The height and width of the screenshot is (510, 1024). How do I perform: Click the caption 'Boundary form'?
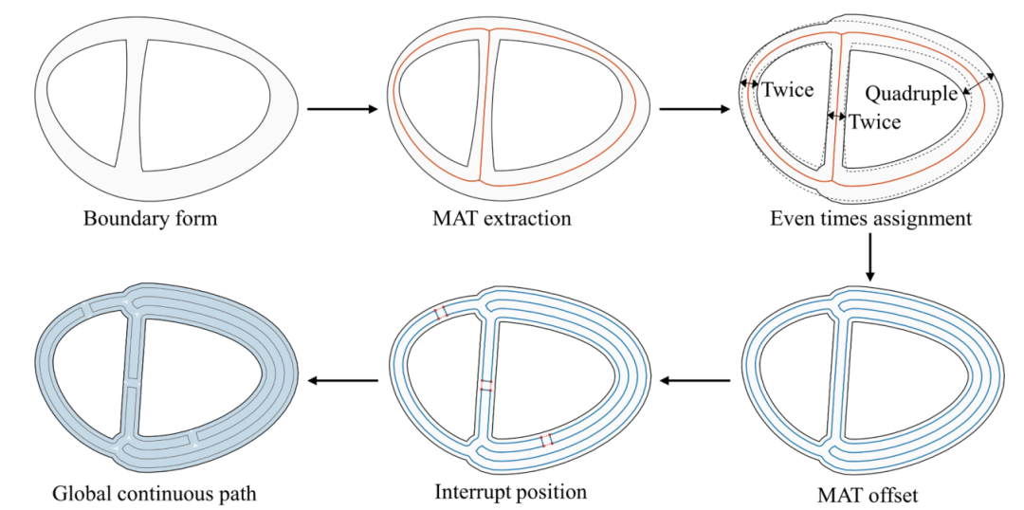click(x=150, y=217)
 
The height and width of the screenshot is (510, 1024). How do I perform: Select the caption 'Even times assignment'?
click(x=870, y=218)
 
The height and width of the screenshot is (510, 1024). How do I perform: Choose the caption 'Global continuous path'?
click(x=153, y=493)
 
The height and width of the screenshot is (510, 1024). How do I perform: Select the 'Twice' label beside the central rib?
click(x=874, y=121)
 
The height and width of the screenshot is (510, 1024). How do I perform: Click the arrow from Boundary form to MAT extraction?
click(x=342, y=109)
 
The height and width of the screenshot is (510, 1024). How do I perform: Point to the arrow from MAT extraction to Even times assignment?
click(x=695, y=109)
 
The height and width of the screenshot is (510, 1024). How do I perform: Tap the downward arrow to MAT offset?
click(x=869, y=259)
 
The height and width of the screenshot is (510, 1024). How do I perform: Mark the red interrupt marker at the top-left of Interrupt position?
click(x=442, y=312)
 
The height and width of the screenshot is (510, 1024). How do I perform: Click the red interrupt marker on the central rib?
click(x=485, y=385)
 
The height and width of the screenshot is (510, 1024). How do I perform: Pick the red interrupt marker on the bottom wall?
click(x=547, y=440)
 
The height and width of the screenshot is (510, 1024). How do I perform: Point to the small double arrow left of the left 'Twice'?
click(x=748, y=83)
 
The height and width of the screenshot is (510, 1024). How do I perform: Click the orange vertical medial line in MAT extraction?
click(x=485, y=104)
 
